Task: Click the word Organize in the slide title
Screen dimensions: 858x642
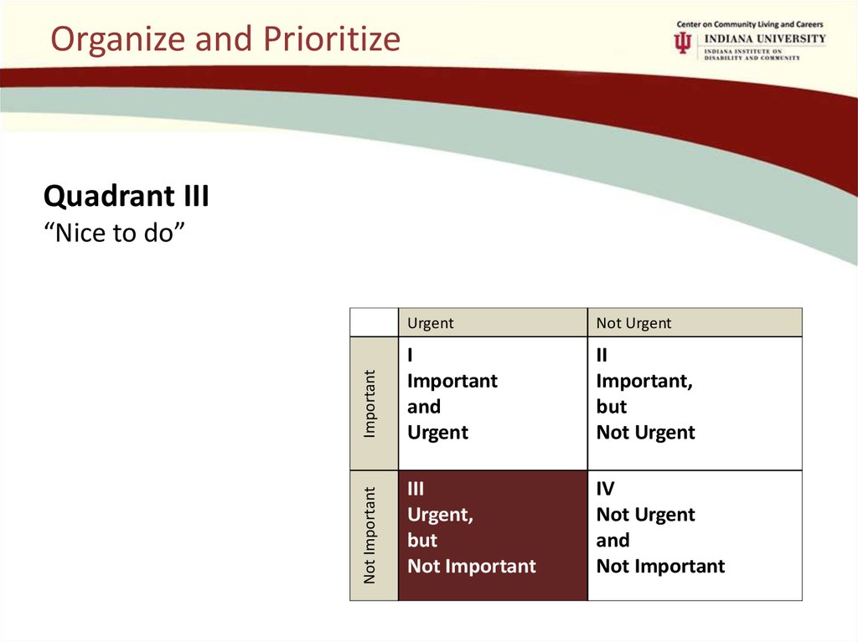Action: [x=118, y=39]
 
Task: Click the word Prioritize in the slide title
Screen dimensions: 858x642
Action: [x=332, y=39]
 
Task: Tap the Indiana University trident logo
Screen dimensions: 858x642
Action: [x=682, y=43]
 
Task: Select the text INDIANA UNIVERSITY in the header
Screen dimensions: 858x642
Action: [x=765, y=39]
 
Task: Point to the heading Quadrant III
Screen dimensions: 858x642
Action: [x=127, y=196]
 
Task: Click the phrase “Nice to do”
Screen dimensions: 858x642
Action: [x=114, y=233]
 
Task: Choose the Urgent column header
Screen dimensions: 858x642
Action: [x=431, y=323]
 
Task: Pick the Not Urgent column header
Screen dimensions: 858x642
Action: [x=633, y=323]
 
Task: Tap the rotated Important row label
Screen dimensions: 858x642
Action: [x=370, y=403]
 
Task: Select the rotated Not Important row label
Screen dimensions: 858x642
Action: [x=370, y=536]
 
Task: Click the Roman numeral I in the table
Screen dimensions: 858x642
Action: [x=410, y=356]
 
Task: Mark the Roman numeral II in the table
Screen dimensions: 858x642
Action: [x=602, y=356]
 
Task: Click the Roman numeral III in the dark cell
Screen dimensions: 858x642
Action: [x=416, y=488]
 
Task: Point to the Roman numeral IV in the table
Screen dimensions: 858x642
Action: [x=605, y=488]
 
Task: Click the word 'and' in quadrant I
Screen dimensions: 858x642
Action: [x=424, y=407]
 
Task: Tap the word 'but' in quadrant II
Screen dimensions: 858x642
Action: [x=612, y=407]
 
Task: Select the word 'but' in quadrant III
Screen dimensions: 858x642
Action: [x=422, y=540]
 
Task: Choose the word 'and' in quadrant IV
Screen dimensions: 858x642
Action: [x=612, y=540]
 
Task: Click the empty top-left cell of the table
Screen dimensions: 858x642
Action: [x=375, y=322]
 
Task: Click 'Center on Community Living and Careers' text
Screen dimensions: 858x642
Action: [x=750, y=24]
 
